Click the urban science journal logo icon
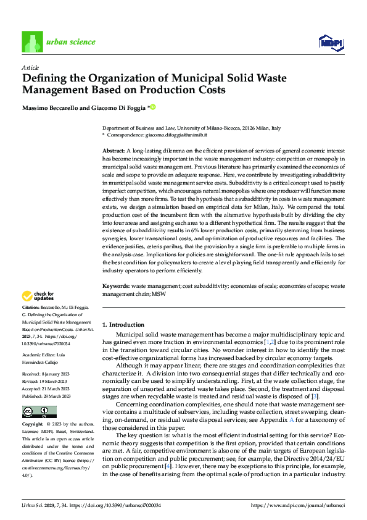tap(31, 42)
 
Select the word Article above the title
tap(30, 67)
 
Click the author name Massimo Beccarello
tap(54, 107)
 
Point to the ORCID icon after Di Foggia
tap(152, 107)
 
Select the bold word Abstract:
tap(113, 151)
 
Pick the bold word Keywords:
tap(115, 286)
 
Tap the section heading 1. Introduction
tap(123, 324)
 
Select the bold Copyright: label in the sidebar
tap(33, 426)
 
